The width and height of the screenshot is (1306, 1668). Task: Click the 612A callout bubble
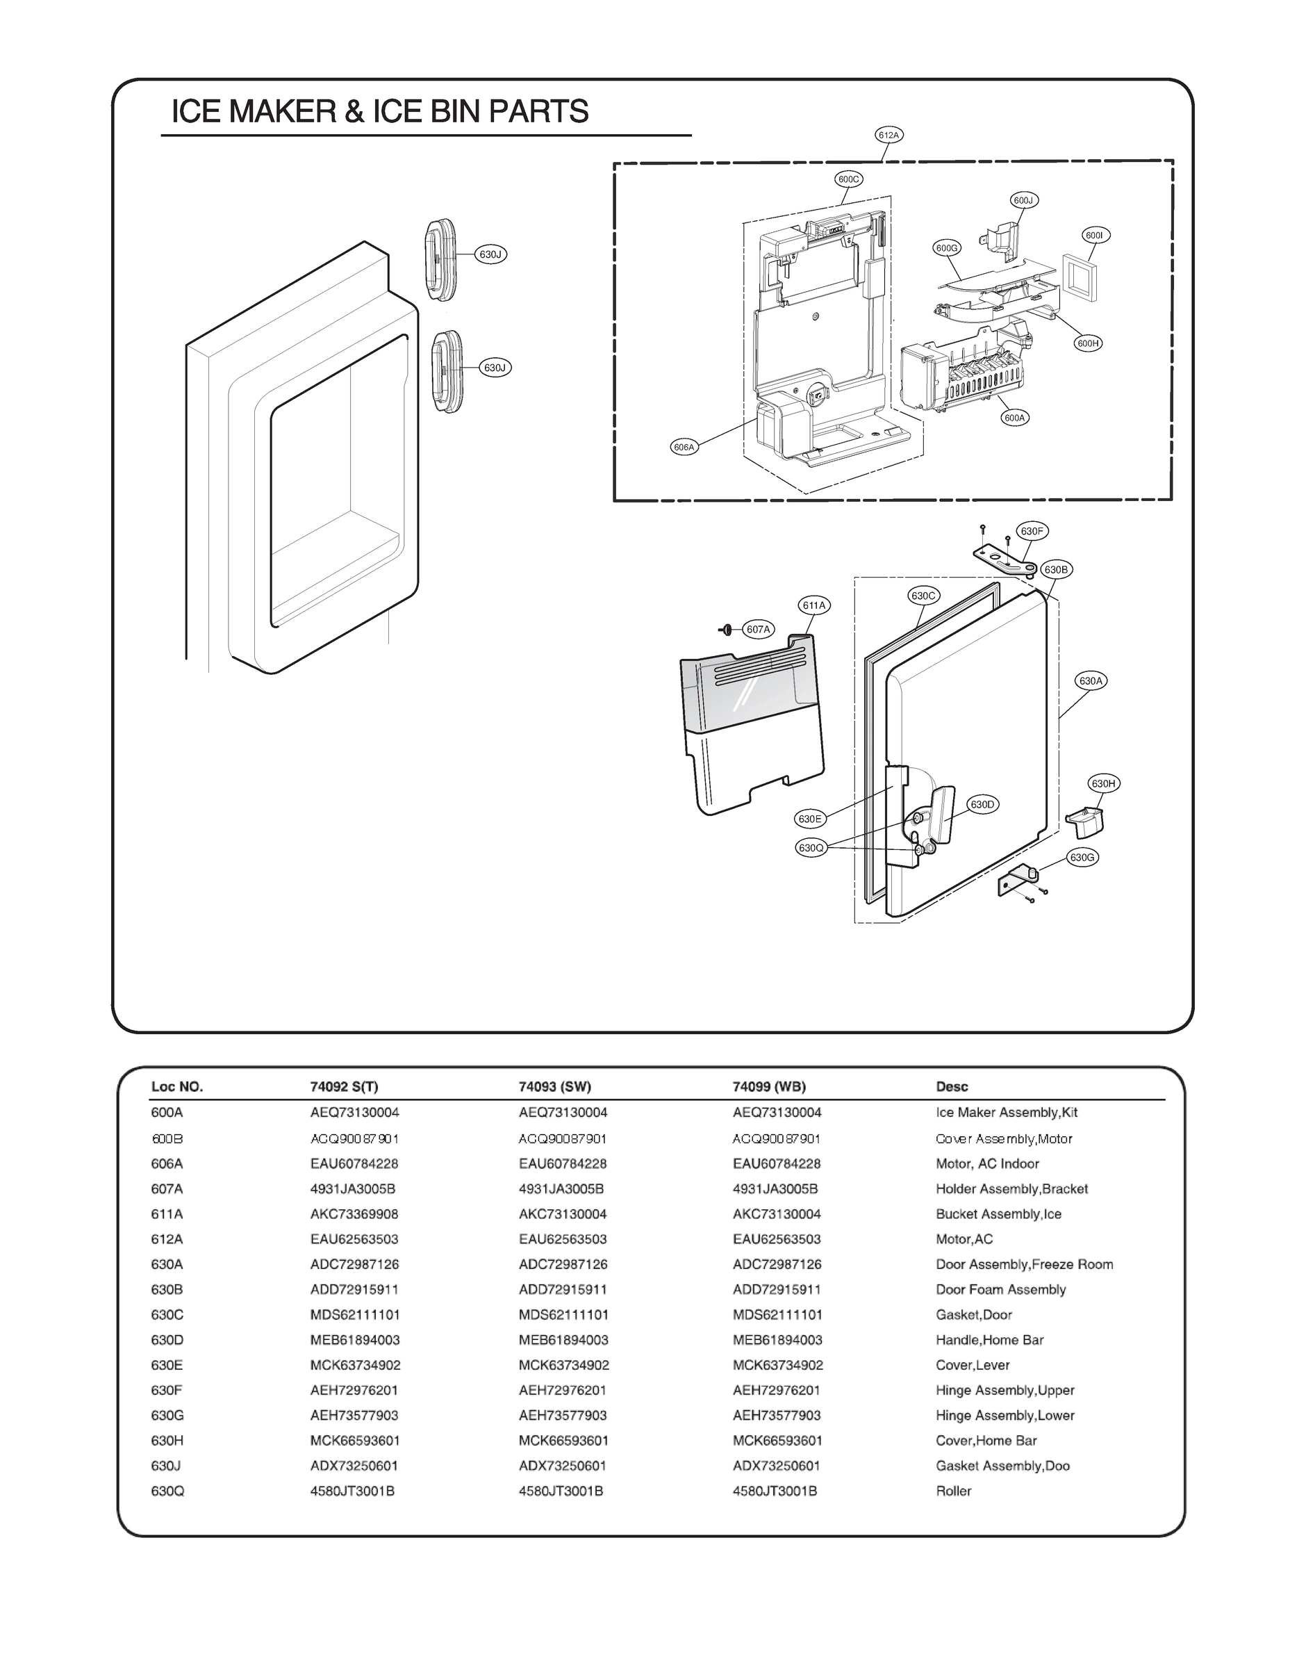(x=888, y=136)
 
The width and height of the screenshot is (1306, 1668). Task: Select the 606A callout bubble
(x=684, y=448)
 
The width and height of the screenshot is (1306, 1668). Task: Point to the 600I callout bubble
(x=1096, y=236)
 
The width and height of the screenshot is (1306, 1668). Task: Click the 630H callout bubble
(x=1103, y=783)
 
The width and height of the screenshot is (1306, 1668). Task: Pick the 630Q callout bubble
(x=811, y=847)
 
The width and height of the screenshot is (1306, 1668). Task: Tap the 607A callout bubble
(x=759, y=630)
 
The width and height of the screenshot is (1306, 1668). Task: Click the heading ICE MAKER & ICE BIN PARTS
(x=379, y=112)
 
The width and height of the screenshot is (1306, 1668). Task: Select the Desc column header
(x=951, y=1087)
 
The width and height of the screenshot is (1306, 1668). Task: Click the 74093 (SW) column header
(x=554, y=1087)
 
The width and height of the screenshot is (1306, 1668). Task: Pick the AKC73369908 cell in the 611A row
(x=354, y=1213)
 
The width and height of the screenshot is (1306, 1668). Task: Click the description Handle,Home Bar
(x=989, y=1340)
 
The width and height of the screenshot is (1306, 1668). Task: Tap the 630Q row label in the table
(x=167, y=1491)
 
